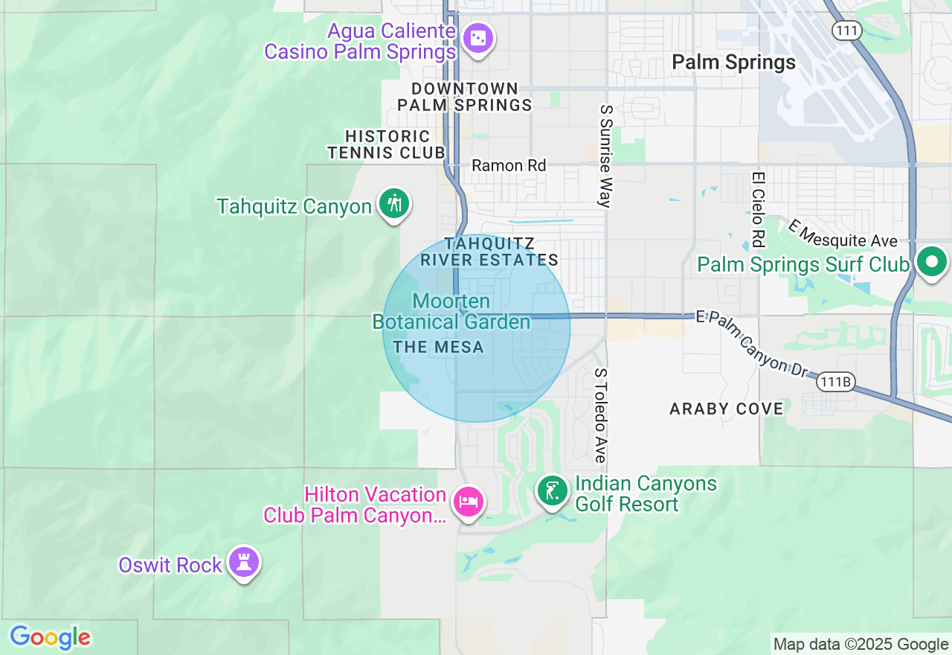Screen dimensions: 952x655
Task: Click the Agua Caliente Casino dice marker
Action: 477,37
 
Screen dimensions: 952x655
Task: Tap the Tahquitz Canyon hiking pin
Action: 394,202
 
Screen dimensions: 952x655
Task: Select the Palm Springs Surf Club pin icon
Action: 931,262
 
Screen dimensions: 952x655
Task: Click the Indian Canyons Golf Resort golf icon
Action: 552,491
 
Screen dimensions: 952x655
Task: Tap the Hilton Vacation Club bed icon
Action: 468,501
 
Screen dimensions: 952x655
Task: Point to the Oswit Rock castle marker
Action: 243,561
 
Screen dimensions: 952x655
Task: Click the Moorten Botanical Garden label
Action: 451,312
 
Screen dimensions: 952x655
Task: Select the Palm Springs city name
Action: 733,63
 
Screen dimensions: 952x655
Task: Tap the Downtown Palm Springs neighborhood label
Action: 465,98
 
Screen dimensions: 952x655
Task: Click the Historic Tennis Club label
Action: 387,144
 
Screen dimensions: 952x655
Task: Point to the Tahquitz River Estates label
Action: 489,252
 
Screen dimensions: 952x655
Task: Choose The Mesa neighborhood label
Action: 439,347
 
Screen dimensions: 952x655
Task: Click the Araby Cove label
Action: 727,409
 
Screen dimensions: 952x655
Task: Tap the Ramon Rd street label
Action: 509,165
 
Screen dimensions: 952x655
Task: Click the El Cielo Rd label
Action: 758,210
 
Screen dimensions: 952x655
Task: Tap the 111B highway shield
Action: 835,382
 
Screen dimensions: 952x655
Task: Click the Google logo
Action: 50,637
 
